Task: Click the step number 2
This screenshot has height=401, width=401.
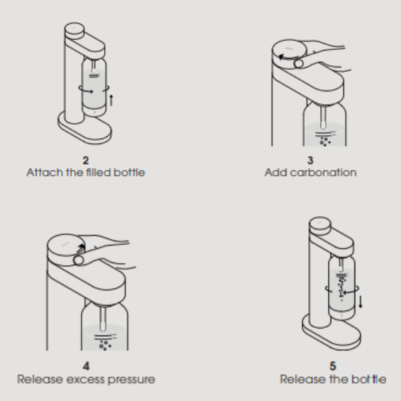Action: coord(86,160)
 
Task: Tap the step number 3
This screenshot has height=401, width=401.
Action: coord(310,160)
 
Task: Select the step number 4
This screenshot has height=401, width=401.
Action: coord(87,367)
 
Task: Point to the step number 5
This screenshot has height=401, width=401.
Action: coord(333,367)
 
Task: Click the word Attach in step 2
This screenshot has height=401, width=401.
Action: coord(45,172)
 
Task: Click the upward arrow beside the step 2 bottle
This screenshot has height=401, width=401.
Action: coord(111,100)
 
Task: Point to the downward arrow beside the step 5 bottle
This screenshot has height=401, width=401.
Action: coord(361,302)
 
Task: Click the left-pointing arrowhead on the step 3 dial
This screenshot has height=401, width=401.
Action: coord(281,57)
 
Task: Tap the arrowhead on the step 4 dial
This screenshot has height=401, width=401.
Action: coord(82,247)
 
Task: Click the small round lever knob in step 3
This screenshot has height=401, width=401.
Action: coord(298,63)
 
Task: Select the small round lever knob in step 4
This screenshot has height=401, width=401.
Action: coord(78,260)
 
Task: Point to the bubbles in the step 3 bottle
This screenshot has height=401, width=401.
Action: coord(325,141)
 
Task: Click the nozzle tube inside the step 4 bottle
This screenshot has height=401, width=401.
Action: coord(103,319)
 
